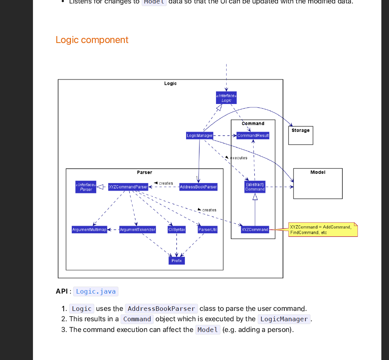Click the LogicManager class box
click(199, 135)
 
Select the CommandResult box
click(253, 135)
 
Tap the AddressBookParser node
click(198, 187)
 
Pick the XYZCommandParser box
click(128, 187)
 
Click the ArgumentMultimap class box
click(89, 230)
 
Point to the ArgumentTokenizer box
click(137, 230)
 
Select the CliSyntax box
click(176, 230)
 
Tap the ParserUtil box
click(208, 230)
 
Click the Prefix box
click(176, 261)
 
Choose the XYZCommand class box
click(255, 230)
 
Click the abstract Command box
click(255, 187)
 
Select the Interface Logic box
click(226, 98)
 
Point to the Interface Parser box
click(86, 187)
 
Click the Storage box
click(300, 135)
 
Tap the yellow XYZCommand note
click(323, 230)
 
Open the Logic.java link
click(96, 291)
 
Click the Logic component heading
click(92, 40)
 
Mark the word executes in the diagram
click(239, 158)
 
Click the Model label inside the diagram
click(318, 172)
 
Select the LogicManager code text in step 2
click(284, 319)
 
